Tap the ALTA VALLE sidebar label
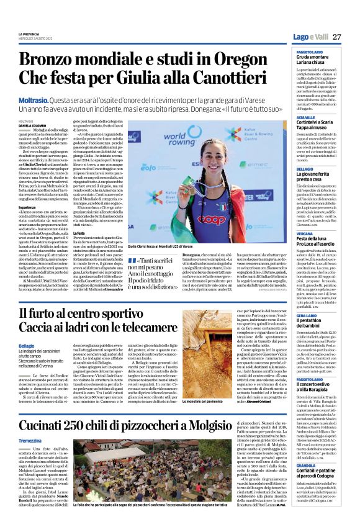pos(305,117)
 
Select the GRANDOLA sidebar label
pos(307,466)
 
